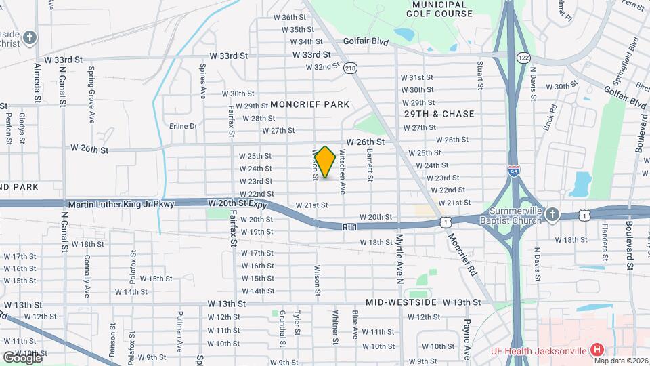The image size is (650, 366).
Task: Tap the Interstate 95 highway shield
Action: (515, 170)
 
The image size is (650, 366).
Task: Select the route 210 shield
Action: (349, 68)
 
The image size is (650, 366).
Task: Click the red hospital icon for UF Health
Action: (597, 350)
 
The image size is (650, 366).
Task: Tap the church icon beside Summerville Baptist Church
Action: (552, 215)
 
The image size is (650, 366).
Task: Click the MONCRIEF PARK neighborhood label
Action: (309, 104)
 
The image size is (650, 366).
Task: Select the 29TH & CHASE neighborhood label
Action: (439, 114)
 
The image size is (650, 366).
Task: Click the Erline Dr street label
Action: (183, 126)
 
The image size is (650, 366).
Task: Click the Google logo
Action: (22, 357)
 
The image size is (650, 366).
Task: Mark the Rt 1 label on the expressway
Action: (349, 228)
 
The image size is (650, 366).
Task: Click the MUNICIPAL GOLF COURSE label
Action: (438, 9)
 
